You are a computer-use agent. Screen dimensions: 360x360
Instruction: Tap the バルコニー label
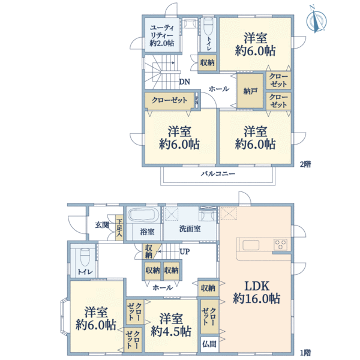217,173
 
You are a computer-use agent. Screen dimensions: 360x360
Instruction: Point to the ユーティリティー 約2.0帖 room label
162,35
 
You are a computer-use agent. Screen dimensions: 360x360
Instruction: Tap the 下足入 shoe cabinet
119,227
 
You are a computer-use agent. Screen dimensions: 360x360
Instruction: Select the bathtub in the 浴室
142,215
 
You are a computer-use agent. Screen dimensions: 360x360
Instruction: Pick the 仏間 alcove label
209,344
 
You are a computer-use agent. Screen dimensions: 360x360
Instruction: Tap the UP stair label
185,251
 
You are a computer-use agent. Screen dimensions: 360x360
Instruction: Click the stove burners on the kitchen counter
281,244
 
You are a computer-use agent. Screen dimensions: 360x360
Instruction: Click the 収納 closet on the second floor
208,62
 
